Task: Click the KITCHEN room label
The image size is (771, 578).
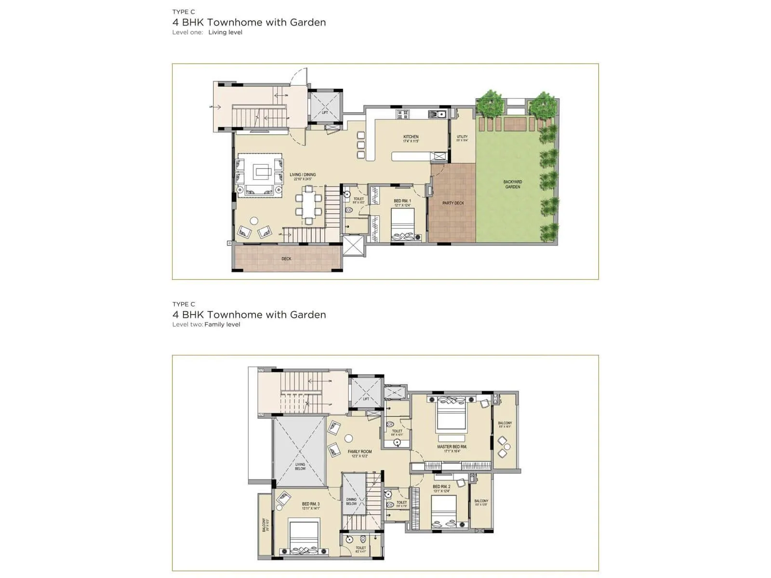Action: [411, 137]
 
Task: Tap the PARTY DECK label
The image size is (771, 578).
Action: [453, 203]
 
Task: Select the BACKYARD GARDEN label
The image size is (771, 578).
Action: [512, 184]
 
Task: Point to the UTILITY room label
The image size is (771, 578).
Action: [462, 137]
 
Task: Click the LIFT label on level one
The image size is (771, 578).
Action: [325, 113]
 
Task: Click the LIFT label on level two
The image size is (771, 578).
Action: [366, 399]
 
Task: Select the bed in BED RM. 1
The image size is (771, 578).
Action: [402, 224]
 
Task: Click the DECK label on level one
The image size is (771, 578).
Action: [286, 259]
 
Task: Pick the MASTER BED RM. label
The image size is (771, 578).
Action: [452, 447]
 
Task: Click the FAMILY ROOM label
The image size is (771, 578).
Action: [359, 452]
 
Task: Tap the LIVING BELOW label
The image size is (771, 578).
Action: [300, 466]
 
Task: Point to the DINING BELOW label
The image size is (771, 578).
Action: [351, 501]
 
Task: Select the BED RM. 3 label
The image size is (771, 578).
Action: [310, 504]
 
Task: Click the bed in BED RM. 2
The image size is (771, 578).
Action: [443, 512]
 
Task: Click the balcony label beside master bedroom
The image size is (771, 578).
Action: [505, 423]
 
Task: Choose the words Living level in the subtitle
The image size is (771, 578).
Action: [225, 32]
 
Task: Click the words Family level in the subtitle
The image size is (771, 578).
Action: [222, 325]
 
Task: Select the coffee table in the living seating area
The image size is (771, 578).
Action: [262, 171]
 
